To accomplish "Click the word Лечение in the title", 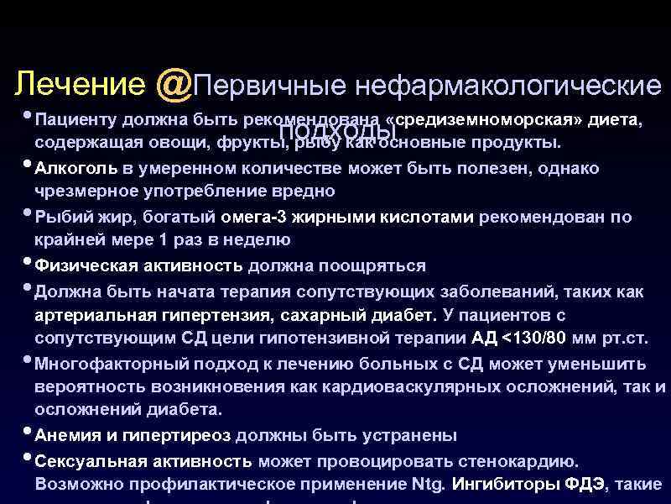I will [x=80, y=84].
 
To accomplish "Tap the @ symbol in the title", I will [x=173, y=84].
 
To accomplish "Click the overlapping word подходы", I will [x=337, y=131].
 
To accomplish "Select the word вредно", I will [x=306, y=192].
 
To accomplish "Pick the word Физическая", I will [x=82, y=265].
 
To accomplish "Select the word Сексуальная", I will [x=91, y=461].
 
